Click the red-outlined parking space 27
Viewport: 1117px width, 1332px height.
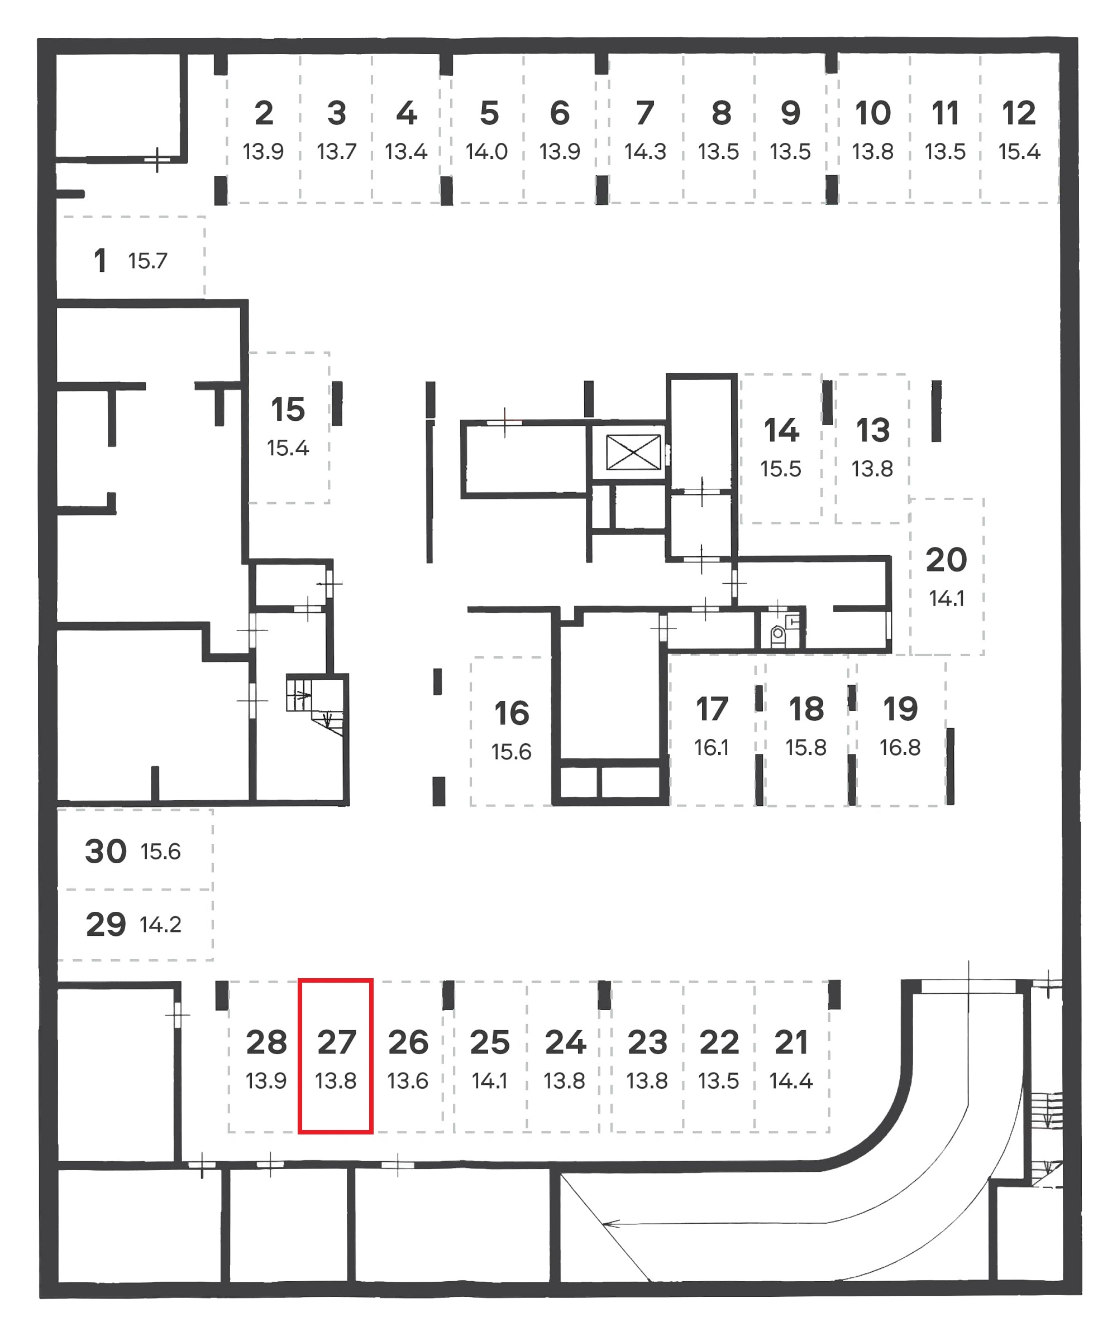pos(335,1056)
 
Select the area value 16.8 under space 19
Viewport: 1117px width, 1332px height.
pos(899,748)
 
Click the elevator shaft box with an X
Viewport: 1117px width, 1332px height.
pos(633,452)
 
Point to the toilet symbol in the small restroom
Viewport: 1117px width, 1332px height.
pos(777,634)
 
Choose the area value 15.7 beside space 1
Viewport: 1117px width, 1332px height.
pos(147,261)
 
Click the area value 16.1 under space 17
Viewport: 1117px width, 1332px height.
pos(711,748)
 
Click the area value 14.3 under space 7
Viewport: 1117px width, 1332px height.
pos(645,152)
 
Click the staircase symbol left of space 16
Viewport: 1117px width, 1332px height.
pos(316,704)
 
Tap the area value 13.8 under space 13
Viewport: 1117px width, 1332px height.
pos(871,469)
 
